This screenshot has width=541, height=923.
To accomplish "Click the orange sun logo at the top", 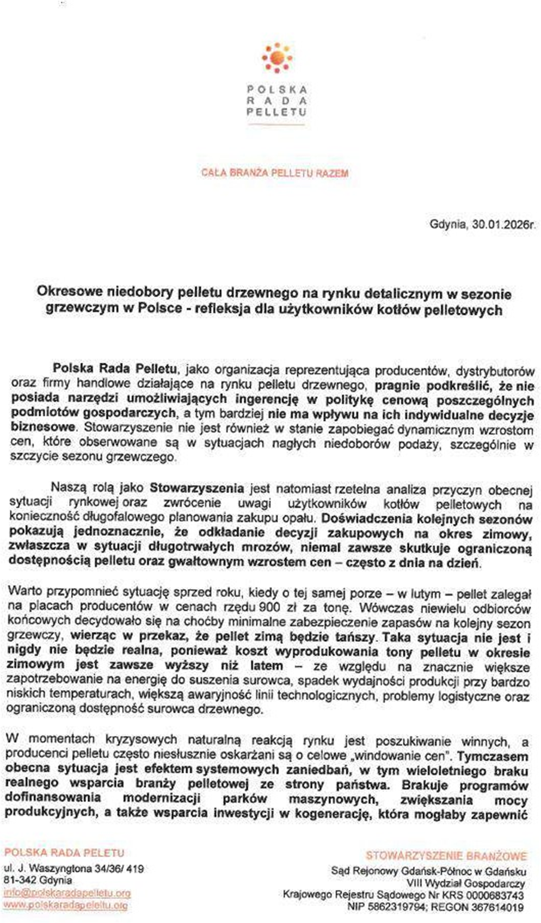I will (276, 58).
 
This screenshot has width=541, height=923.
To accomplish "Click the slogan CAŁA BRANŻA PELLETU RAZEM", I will (275, 174).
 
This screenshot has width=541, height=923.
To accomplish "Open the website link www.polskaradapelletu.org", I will (66, 905).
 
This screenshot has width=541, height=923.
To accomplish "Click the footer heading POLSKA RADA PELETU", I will (64, 853).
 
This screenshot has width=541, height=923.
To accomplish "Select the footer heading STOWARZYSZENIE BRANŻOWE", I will (446, 856).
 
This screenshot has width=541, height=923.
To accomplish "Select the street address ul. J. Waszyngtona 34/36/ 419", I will (74, 869).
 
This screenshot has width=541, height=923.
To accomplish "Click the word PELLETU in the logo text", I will (276, 112).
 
